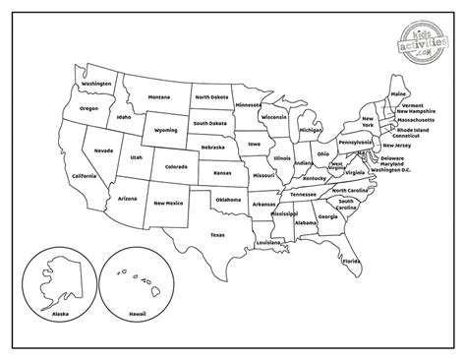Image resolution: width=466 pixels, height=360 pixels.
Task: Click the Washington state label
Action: [x=96, y=84]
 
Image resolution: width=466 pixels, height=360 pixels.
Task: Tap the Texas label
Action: [x=217, y=234]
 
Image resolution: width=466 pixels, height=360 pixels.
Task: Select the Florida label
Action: [x=351, y=261]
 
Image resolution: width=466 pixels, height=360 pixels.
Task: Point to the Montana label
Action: [x=159, y=97]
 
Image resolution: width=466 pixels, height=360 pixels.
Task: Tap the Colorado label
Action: [x=176, y=166]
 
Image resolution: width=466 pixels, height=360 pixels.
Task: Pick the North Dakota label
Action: [x=211, y=97]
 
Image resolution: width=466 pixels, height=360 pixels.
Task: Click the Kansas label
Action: [x=222, y=172]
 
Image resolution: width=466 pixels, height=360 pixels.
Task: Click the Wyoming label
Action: [x=166, y=129]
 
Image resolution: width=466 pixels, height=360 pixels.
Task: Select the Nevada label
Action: [x=103, y=150]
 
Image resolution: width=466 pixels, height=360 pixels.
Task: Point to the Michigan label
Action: [x=311, y=129]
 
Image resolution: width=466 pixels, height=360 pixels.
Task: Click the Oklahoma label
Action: [x=228, y=200]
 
